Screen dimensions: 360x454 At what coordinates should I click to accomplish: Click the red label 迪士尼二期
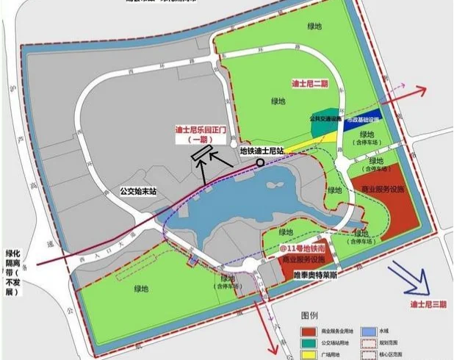(310, 83)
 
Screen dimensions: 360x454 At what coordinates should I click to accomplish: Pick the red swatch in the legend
(309, 331)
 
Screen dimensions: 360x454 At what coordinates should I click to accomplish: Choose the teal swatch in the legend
(309, 342)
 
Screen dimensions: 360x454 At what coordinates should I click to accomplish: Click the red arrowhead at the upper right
(423, 90)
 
